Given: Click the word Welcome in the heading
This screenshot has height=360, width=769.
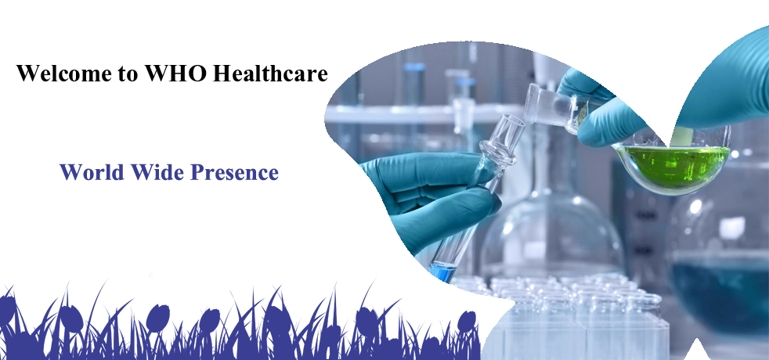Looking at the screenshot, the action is coord(63,73).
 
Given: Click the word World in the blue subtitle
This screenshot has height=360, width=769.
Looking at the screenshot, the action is coord(91,172).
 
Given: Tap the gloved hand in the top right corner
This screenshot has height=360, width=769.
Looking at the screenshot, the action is coord(725,83).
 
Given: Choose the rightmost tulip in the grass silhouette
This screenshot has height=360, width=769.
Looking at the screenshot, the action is coord(467,322).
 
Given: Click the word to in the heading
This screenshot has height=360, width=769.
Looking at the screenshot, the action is coord(128,74).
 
